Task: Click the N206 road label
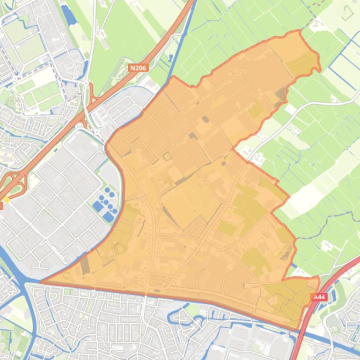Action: (x=138, y=68)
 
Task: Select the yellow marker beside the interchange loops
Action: (x=7, y=201)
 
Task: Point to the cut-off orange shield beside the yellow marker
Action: (x=1, y=205)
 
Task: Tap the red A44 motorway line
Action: (x=328, y=281)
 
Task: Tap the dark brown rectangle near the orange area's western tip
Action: (x=85, y=266)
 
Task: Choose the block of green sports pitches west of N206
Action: (x=40, y=94)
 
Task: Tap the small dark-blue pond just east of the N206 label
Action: (x=169, y=58)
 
